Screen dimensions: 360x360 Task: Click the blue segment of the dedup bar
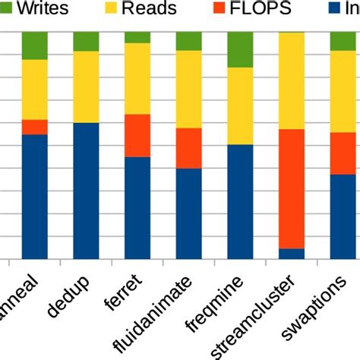[86, 191]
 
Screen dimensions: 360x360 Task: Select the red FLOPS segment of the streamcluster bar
[292, 188]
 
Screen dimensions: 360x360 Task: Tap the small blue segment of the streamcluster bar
[292, 254]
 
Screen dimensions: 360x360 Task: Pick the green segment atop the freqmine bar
[240, 50]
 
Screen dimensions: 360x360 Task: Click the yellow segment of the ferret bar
[137, 78]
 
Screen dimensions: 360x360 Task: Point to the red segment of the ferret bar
[137, 135]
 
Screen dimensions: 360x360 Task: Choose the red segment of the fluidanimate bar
[188, 148]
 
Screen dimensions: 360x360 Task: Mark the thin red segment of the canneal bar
[35, 127]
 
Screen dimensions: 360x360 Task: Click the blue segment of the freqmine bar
[240, 201]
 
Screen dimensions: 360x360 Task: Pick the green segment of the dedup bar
[86, 42]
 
